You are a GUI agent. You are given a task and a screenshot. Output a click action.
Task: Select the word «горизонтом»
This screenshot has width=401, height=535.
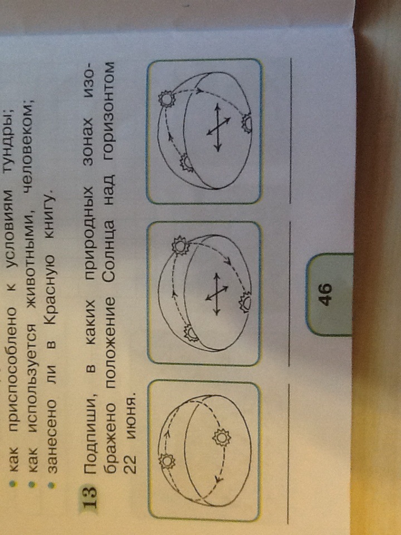pos(114,101)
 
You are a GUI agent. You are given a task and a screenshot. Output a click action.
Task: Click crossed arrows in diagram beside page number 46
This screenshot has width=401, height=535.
pos(217,294)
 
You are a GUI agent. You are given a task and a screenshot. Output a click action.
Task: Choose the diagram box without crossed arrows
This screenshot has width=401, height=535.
pos(204,451)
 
